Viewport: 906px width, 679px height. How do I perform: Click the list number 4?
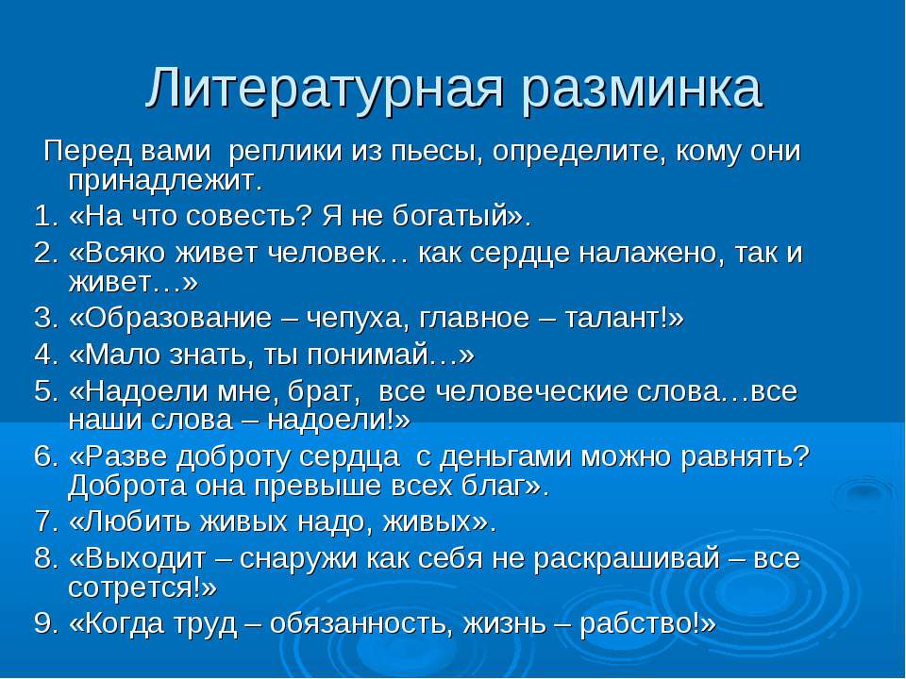coord(43,355)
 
